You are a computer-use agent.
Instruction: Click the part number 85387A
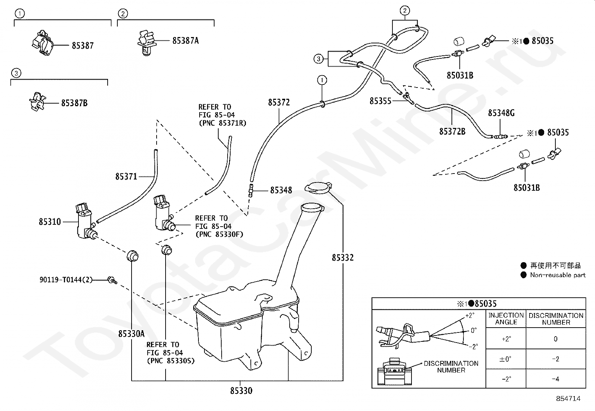pos(185,41)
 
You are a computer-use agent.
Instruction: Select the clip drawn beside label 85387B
pos(37,102)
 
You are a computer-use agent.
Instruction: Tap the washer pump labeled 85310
pos(86,221)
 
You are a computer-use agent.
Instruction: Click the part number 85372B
pos(452,131)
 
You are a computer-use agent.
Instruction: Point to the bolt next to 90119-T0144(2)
pos(112,280)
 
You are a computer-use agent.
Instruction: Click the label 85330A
pos(131,334)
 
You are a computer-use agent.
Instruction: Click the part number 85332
pos(343,258)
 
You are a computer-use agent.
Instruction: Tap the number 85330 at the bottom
pos(241,391)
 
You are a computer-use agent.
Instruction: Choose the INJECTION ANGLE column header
pos(506,319)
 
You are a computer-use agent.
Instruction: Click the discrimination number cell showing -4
pos(555,379)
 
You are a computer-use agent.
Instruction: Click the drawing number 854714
pos(568,399)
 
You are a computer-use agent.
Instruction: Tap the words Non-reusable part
pos(558,275)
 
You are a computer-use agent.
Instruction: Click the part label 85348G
pos(501,113)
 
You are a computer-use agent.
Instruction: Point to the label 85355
pos(380,101)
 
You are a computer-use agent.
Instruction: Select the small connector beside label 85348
pos(251,190)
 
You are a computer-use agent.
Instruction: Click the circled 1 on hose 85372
pos(322,80)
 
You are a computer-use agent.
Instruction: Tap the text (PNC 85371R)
pos(223,123)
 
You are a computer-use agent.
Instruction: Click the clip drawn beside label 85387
pos(43,43)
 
